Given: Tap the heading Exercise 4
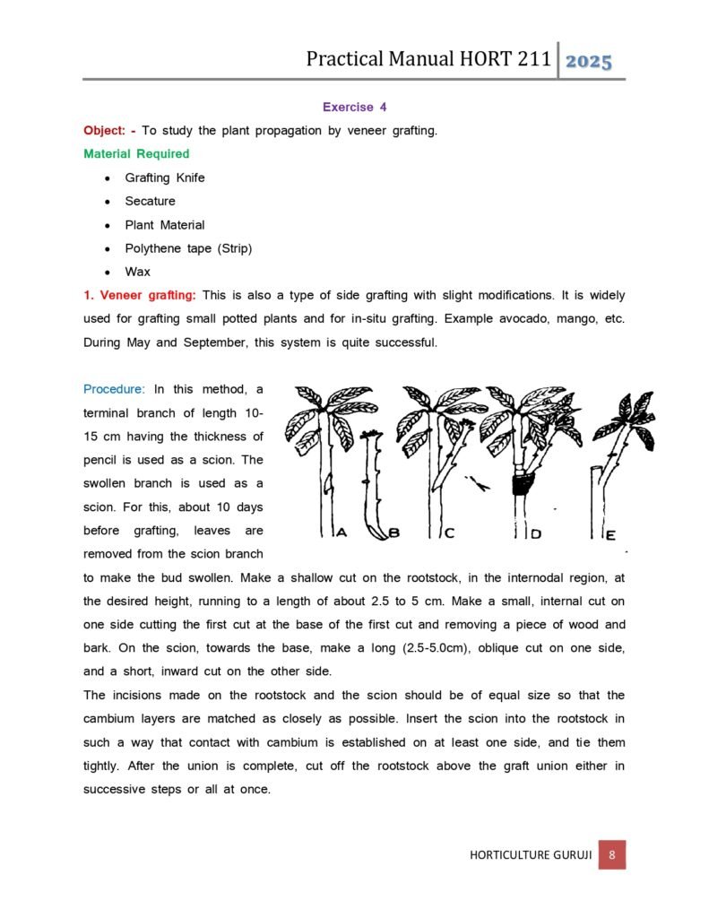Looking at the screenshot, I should pyautogui.click(x=354, y=107).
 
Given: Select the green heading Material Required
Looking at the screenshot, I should pyautogui.click(x=136, y=153).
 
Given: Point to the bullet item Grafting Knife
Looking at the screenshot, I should pyautogui.click(x=165, y=178).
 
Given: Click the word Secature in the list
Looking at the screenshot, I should pyautogui.click(x=150, y=201).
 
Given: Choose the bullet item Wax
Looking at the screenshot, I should pyautogui.click(x=138, y=272).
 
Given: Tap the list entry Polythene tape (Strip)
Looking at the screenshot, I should pyautogui.click(x=188, y=248).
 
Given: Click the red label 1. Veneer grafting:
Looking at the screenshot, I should pyautogui.click(x=140, y=295).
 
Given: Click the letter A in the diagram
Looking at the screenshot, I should pyautogui.click(x=342, y=533).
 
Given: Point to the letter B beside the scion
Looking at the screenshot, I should pyautogui.click(x=393, y=533).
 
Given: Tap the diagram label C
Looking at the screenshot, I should pyautogui.click(x=450, y=533).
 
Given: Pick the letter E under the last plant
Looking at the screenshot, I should pyautogui.click(x=610, y=534).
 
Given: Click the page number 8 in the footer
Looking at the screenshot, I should pyautogui.click(x=611, y=854).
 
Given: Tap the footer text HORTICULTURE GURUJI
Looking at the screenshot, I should pyautogui.click(x=531, y=855).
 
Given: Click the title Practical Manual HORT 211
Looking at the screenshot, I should pyautogui.click(x=428, y=59).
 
